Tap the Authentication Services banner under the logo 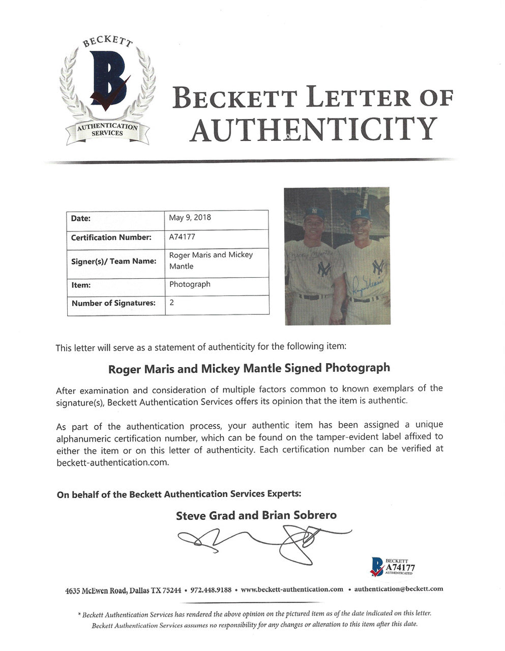click(x=107, y=130)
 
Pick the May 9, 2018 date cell click(x=190, y=218)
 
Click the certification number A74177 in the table click(x=182, y=237)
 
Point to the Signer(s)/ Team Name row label click(x=113, y=261)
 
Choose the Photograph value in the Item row click(x=190, y=284)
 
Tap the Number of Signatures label click(x=113, y=303)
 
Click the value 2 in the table click(x=172, y=302)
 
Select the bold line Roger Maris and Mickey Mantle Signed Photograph click(x=249, y=368)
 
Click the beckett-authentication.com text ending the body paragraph click(x=112, y=463)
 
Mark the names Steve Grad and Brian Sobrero click(x=256, y=515)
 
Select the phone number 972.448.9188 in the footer click(x=211, y=590)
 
